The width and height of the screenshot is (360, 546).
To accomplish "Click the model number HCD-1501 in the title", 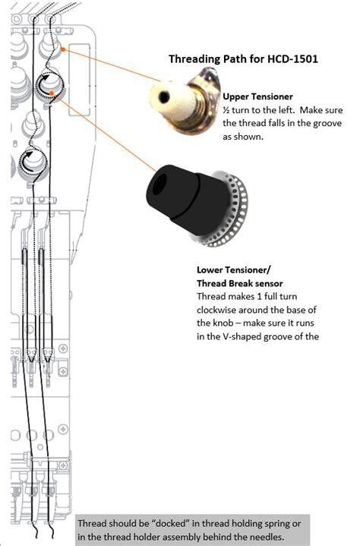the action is point(292,58).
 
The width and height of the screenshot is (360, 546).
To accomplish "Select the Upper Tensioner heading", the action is point(257,96).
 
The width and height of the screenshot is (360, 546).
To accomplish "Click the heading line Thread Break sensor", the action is point(239,283).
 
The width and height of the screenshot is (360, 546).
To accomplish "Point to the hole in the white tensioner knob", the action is point(163,97).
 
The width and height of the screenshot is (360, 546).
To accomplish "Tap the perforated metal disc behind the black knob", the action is point(233,213).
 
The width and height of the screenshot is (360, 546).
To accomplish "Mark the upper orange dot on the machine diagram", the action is point(63,49).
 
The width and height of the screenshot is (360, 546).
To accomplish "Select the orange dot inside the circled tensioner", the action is point(52,93).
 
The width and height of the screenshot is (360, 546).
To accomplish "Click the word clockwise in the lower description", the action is point(213,310).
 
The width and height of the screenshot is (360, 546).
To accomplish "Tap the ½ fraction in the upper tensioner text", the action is point(226,110).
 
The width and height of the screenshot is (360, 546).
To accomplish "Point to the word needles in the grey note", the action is point(270,537).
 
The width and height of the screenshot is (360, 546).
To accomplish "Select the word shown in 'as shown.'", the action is point(249,137).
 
